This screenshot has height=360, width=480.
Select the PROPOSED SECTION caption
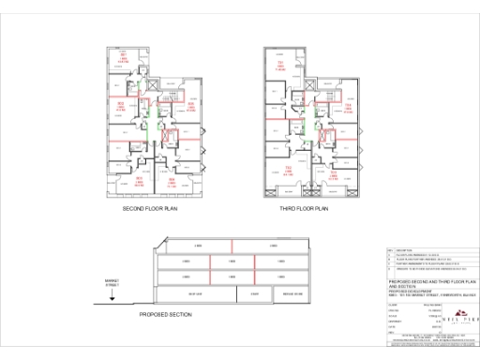tap(165, 315)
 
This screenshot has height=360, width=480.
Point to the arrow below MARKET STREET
tap(112, 294)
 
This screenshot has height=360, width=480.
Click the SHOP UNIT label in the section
tap(197, 293)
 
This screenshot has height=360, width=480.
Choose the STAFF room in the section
tap(254, 293)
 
